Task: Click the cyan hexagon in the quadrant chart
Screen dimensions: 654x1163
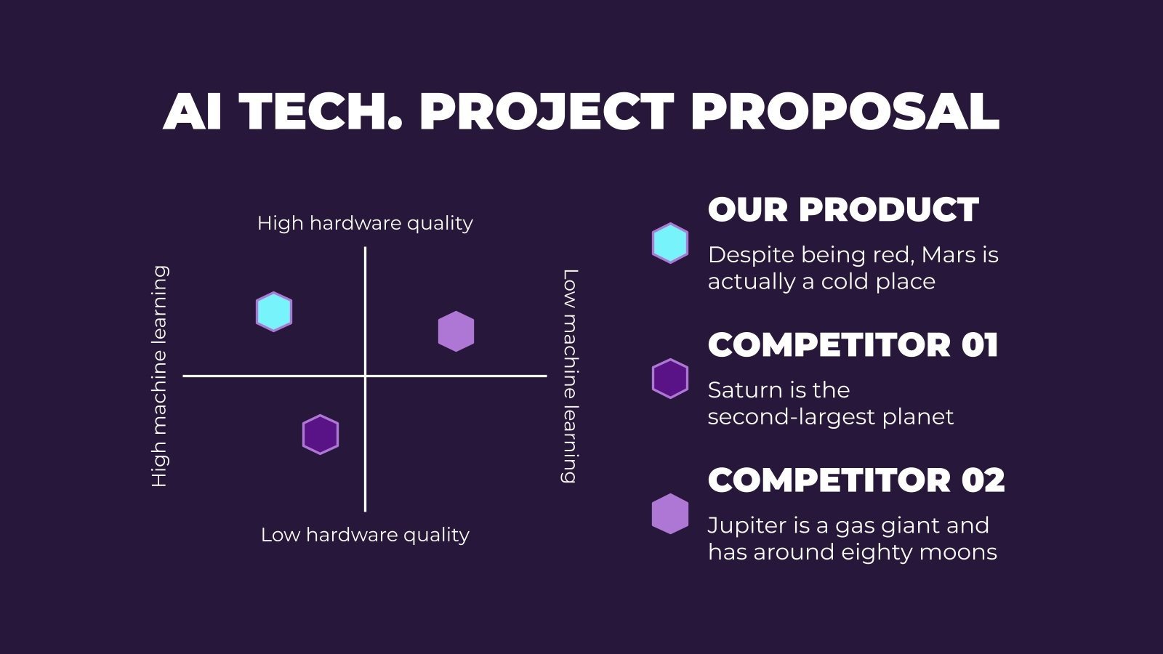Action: point(274,312)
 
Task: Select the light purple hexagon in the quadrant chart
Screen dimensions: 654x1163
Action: point(456,331)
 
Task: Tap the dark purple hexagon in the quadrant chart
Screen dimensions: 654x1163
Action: point(321,435)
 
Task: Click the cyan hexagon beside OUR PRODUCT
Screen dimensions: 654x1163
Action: point(669,243)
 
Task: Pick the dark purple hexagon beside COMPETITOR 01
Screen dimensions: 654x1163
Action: point(669,379)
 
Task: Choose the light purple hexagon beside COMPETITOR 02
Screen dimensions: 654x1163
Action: point(669,514)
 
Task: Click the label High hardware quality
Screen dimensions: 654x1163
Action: point(365,223)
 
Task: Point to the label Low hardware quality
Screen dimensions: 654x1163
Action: point(365,535)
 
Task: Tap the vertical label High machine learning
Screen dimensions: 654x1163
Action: point(159,376)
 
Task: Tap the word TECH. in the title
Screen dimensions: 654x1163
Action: point(321,112)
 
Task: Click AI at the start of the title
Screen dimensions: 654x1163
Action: point(193,112)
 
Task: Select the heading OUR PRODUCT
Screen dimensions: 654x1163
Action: point(843,210)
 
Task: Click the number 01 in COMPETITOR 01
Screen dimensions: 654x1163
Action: point(980,345)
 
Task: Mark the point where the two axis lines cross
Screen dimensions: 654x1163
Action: point(365,376)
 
